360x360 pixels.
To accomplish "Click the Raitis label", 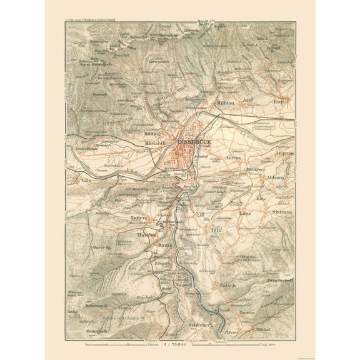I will tap(164, 247).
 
